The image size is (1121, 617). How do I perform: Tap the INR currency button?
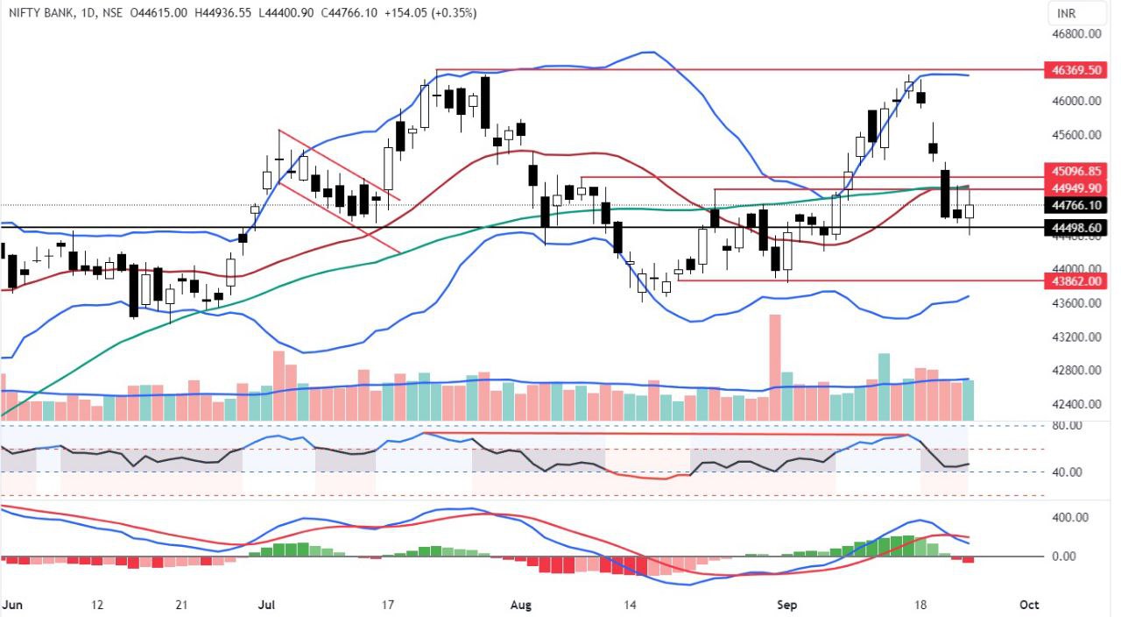[x=1066, y=13]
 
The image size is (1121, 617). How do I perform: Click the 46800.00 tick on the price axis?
[x=1075, y=34]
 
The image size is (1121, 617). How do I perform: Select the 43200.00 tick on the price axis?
[x=1075, y=337]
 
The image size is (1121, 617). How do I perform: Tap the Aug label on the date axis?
[x=521, y=605]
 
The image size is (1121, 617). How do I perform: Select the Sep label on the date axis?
[x=789, y=605]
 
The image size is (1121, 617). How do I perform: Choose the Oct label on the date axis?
[x=1029, y=605]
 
